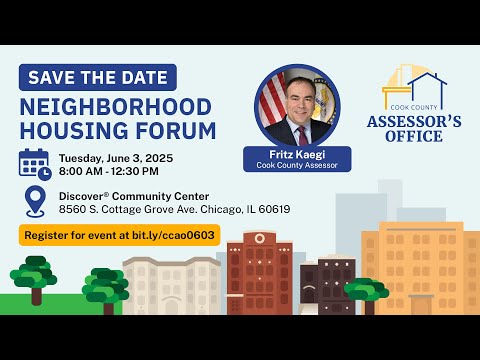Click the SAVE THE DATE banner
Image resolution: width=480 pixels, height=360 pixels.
click(97, 78)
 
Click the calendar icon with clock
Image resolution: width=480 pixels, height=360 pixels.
click(35, 163)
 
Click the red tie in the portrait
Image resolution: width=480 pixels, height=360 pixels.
click(300, 134)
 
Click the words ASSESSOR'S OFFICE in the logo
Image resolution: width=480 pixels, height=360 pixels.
click(414, 128)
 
